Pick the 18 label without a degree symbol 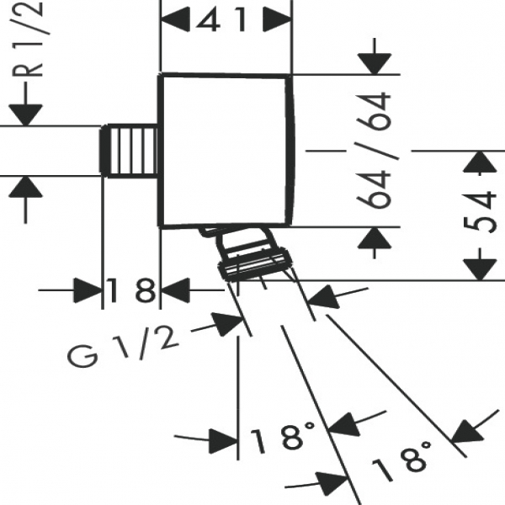point(131,292)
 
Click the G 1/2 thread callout point(123,346)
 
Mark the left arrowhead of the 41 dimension point(173,18)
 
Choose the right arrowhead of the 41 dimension point(278,18)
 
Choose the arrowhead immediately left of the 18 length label point(89,291)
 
